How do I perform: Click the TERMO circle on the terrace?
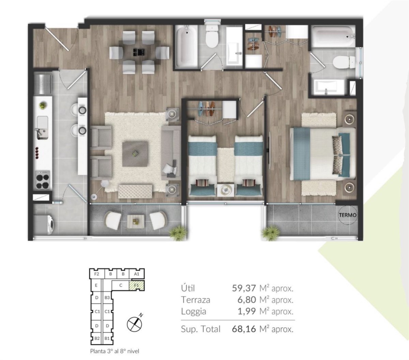348,215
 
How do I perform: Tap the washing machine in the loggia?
44,225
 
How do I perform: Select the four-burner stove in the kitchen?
43,179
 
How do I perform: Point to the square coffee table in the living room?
135,154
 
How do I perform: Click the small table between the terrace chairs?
135,221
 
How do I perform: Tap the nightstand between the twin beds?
226,190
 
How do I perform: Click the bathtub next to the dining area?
186,47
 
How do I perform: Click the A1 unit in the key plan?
137,274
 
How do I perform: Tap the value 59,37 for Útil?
244,288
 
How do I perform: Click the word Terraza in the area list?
195,300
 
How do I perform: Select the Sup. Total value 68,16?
244,329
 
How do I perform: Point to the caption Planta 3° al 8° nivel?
115,351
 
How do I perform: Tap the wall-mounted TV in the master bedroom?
270,150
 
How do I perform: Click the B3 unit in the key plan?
107,298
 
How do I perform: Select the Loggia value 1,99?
246,312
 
